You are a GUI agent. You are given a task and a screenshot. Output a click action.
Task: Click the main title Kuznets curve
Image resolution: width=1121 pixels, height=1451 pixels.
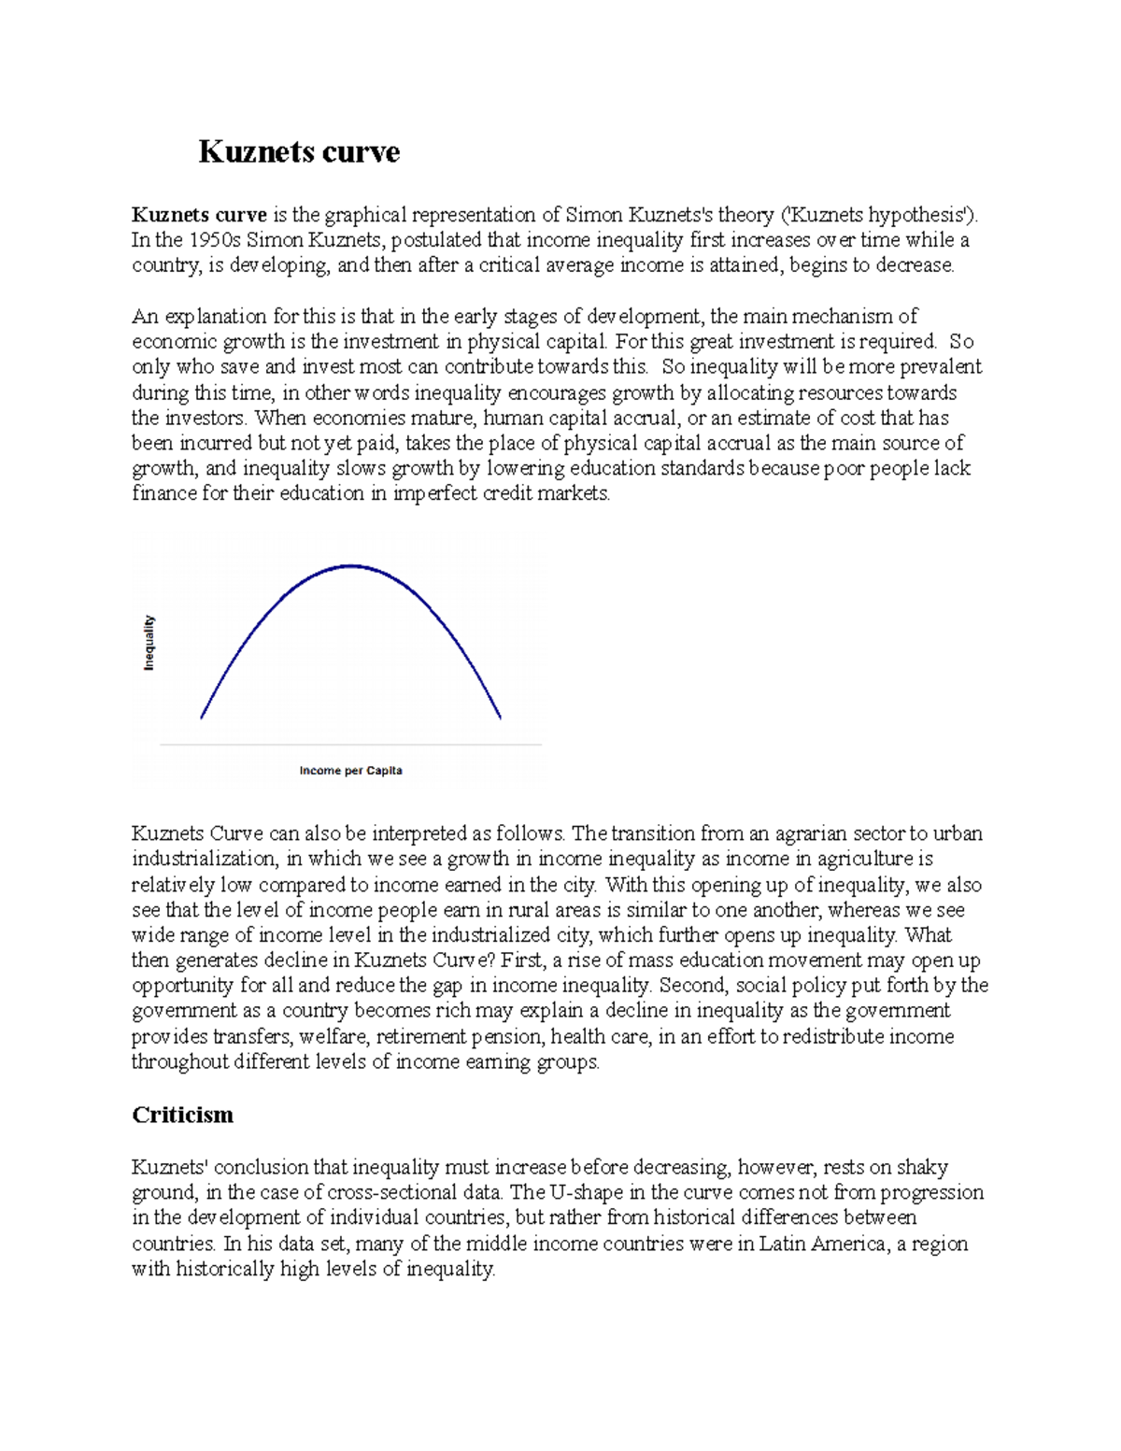pos(299,151)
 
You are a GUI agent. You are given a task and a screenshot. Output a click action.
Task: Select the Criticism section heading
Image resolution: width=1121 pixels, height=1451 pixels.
pos(182,1115)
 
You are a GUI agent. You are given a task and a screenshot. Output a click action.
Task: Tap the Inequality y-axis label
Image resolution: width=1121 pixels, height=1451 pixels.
pos(149,643)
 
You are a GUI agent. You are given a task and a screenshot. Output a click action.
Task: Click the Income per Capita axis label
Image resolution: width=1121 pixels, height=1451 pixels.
pos(350,771)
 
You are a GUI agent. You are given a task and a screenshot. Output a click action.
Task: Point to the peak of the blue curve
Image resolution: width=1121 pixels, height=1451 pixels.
pos(350,566)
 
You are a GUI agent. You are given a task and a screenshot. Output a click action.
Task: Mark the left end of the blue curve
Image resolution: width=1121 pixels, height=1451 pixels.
pos(202,717)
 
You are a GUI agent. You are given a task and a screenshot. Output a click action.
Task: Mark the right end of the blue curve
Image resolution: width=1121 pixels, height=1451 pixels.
pos(501,717)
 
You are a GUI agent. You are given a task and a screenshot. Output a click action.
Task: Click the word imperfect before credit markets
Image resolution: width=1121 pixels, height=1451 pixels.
pos(433,493)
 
